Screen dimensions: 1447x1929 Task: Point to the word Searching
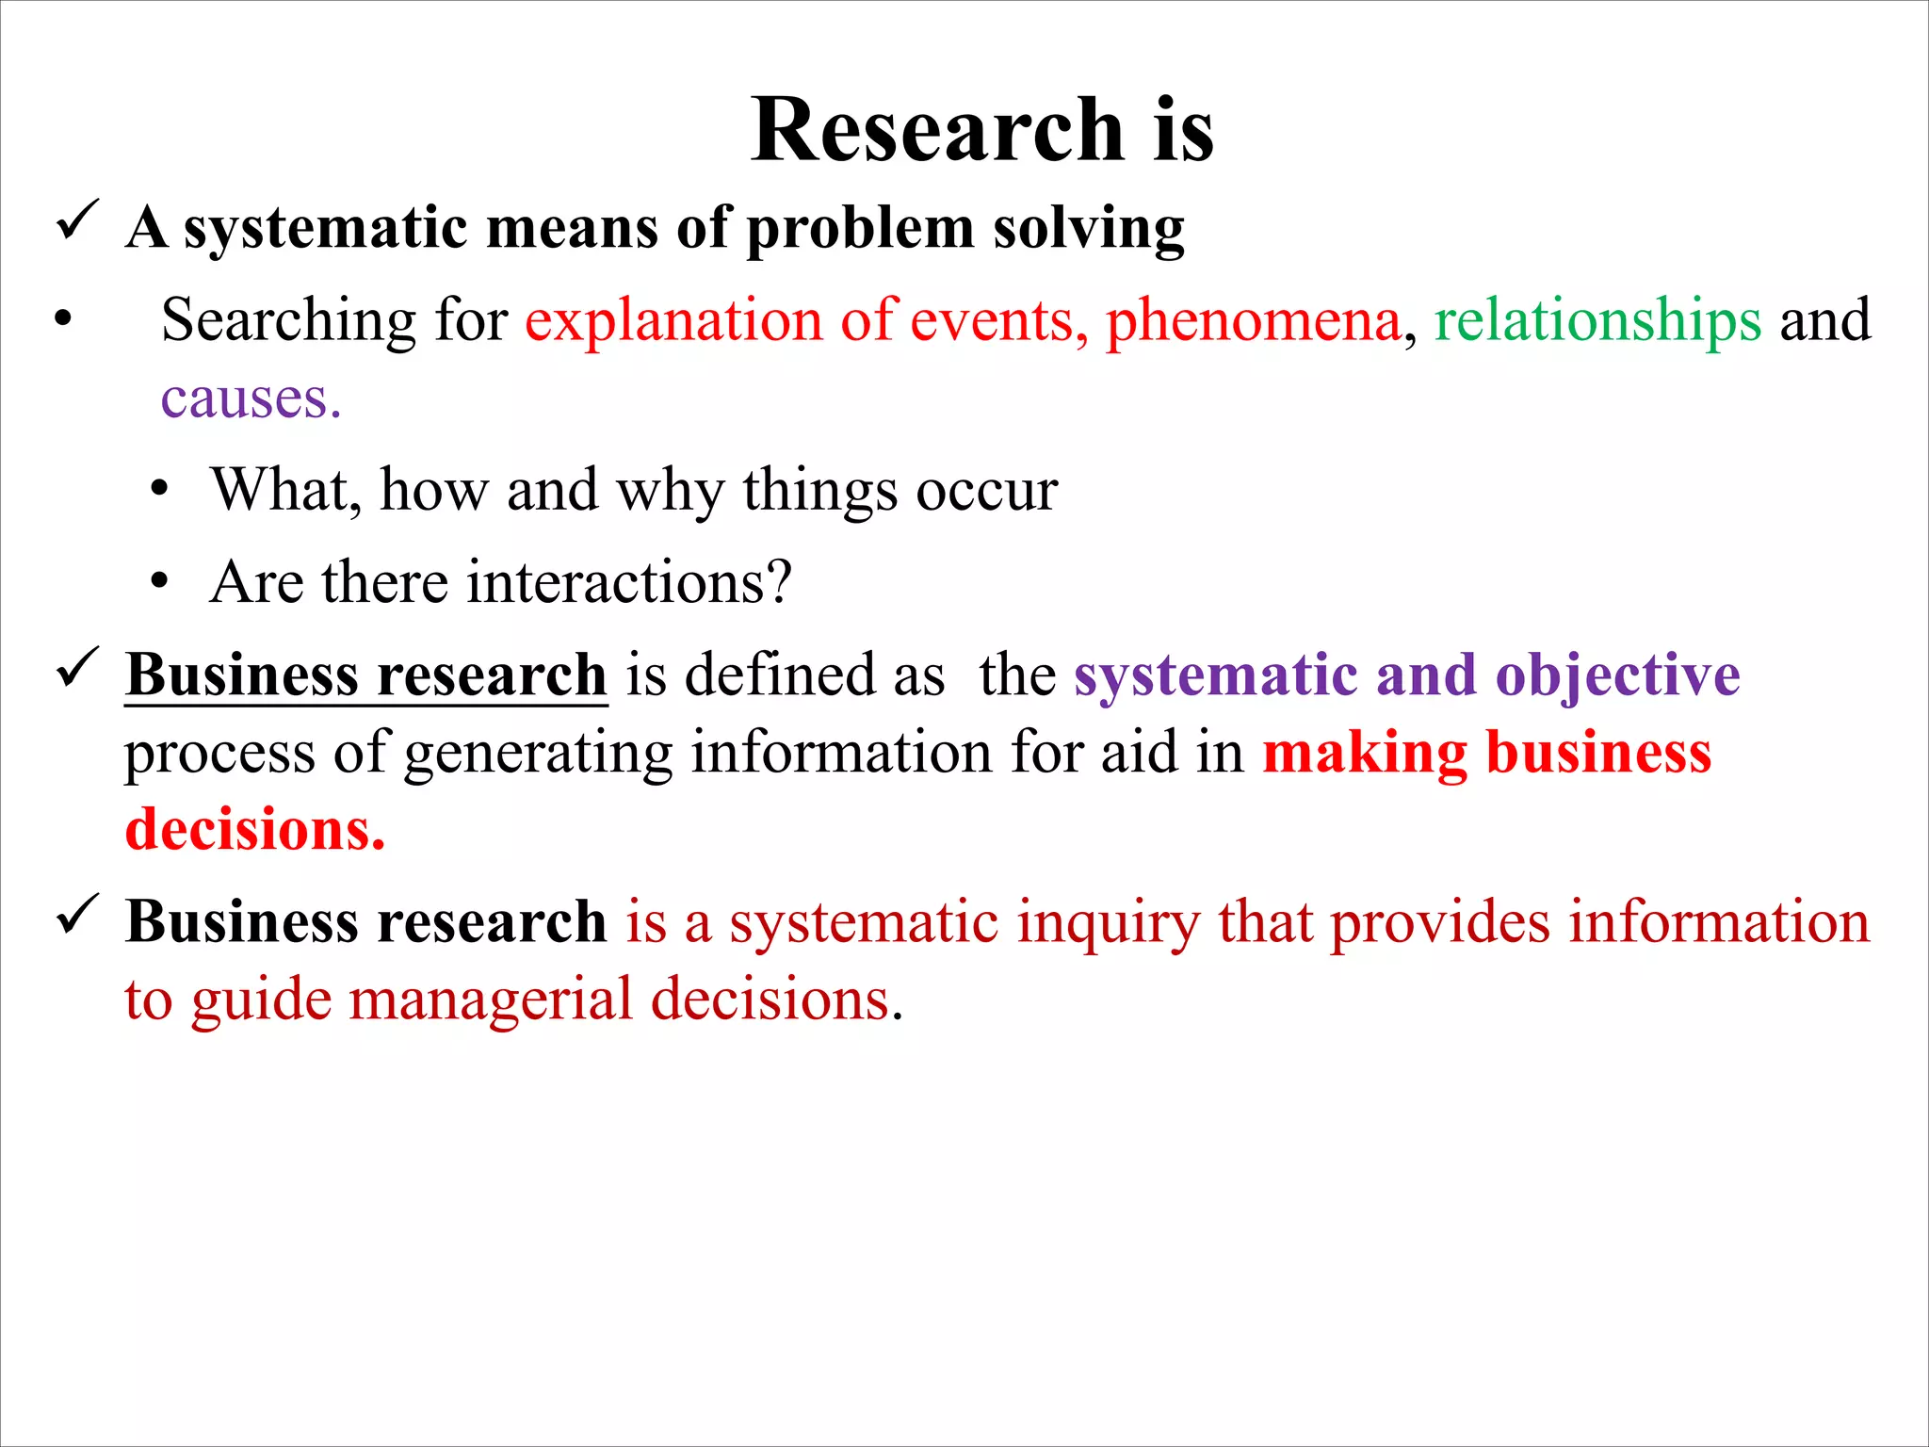pyautogui.click(x=288, y=320)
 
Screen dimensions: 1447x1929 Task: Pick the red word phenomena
pyautogui.click(x=1253, y=320)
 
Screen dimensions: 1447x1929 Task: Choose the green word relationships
pyautogui.click(x=1597, y=320)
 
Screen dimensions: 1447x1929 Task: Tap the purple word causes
pyautogui.click(x=250, y=399)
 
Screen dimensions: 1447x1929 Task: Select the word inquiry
pyautogui.click(x=1108, y=923)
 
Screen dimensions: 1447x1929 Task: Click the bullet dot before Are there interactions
pyautogui.click(x=159, y=582)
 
